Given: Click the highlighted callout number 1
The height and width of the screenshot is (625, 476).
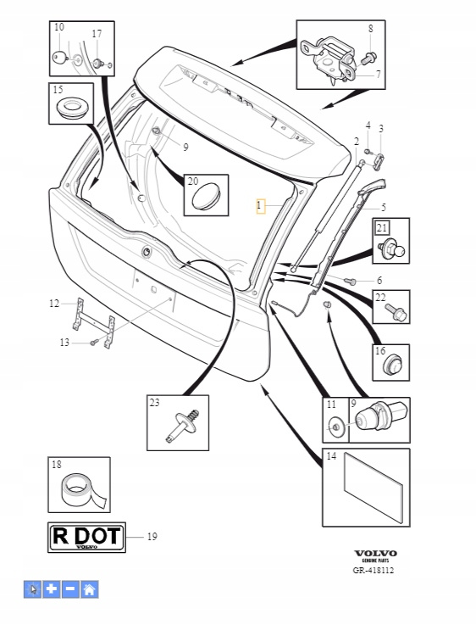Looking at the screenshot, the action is click(260, 206).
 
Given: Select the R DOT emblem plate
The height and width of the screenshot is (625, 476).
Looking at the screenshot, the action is click(86, 537).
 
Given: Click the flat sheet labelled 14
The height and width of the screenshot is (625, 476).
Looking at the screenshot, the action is click(374, 488).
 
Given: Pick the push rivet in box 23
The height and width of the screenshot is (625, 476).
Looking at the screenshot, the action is click(183, 425).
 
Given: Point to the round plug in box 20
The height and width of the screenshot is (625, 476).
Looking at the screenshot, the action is click(206, 196).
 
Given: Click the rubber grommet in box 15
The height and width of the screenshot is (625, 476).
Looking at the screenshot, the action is click(72, 107).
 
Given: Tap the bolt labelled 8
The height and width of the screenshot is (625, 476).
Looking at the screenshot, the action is click(368, 59).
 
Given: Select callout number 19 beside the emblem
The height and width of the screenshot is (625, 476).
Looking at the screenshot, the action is click(152, 537).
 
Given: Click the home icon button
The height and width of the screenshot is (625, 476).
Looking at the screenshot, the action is click(90, 589).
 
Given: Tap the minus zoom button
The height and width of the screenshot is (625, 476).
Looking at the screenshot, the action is click(70, 589).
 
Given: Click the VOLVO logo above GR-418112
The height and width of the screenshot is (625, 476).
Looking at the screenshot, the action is click(375, 553).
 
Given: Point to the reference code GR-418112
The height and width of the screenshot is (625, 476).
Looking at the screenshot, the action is click(374, 571).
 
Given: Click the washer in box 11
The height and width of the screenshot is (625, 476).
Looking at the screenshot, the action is click(335, 426).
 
